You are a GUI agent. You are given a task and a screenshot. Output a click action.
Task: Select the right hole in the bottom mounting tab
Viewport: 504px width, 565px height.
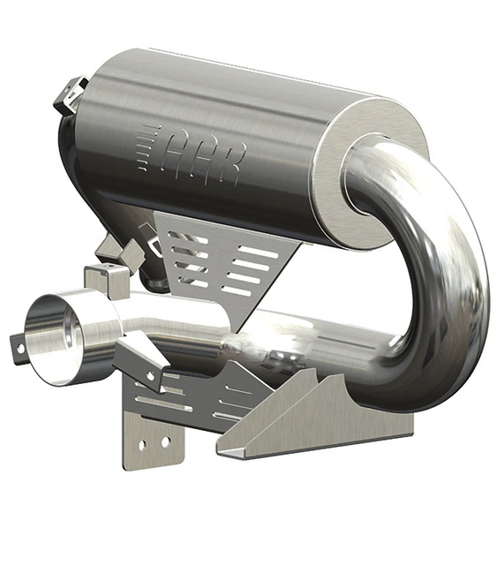165,441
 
